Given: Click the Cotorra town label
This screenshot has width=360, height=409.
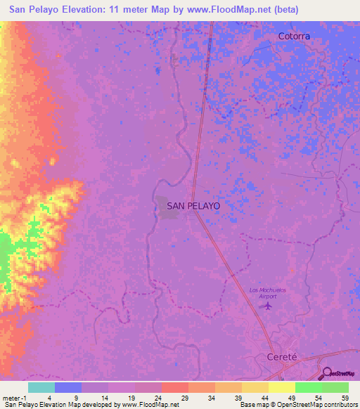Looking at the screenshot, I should [x=294, y=36].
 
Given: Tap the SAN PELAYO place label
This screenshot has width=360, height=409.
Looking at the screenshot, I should [x=194, y=206].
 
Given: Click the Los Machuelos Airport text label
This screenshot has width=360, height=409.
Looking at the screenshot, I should [x=269, y=293].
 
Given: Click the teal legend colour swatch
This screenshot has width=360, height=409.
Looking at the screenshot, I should [x=41, y=387].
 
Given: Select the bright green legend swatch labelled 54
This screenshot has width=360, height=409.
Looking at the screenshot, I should [x=308, y=387].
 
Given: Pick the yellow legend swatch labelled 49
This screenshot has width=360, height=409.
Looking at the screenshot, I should [x=281, y=387].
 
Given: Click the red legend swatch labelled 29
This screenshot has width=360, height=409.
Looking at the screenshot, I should [x=174, y=387].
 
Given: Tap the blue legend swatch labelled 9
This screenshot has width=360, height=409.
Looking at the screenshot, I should [x=67, y=387].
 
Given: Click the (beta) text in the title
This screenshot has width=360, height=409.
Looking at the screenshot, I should [x=283, y=10].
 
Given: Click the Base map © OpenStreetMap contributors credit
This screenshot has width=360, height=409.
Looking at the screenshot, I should [x=298, y=405].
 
